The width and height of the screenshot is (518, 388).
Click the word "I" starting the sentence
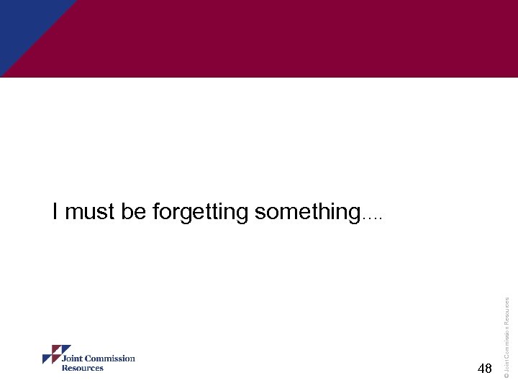(55, 212)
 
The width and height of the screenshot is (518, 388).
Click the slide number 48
(485, 369)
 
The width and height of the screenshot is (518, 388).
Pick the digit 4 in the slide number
(481, 369)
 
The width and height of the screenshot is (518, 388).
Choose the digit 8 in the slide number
(489, 369)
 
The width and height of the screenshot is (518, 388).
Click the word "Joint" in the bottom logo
(73, 359)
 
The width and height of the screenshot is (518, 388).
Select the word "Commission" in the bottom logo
(111, 359)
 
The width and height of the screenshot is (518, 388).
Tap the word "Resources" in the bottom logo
(82, 368)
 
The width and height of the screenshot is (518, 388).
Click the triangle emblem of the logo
(52, 355)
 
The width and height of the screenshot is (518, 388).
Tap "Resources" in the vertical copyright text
(506, 312)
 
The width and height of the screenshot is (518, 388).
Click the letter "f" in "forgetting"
(156, 212)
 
